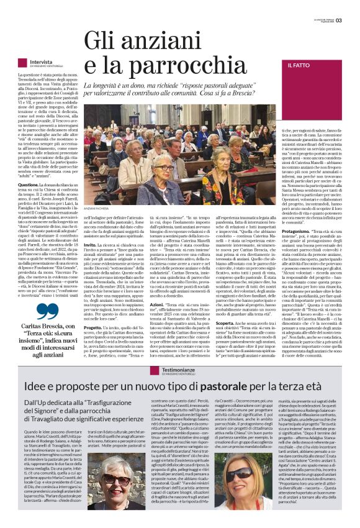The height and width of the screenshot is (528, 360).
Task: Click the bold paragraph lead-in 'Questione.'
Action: pos(29,185)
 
